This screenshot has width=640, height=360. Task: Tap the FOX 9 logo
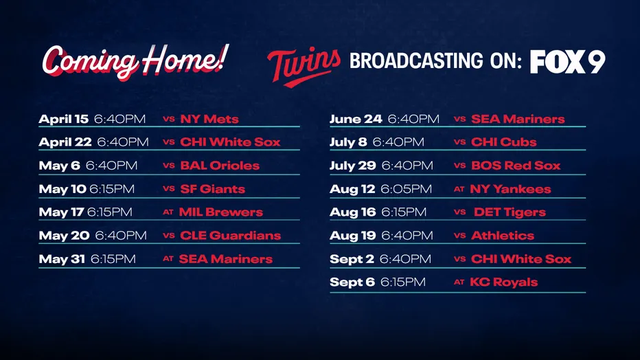click(x=567, y=62)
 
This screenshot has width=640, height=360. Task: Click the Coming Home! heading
click(x=135, y=62)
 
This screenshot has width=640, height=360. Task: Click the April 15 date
click(x=63, y=119)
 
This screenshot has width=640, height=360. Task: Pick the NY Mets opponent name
click(x=209, y=119)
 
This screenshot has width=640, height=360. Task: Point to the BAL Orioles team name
click(x=220, y=166)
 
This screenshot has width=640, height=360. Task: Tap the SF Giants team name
click(x=212, y=189)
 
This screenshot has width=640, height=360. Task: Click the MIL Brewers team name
click(x=220, y=212)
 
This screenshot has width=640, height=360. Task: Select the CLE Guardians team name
click(x=230, y=236)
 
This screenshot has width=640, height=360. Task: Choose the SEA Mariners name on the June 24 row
click(x=518, y=119)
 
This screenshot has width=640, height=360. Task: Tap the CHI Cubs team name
click(x=504, y=142)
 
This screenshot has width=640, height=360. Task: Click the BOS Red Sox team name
click(x=516, y=166)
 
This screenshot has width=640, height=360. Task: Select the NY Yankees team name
click(x=510, y=189)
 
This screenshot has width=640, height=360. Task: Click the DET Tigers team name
click(x=509, y=212)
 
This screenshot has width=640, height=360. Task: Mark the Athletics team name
click(x=502, y=236)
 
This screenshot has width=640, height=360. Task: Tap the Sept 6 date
click(x=352, y=282)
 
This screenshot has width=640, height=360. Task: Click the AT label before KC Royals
click(x=459, y=282)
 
